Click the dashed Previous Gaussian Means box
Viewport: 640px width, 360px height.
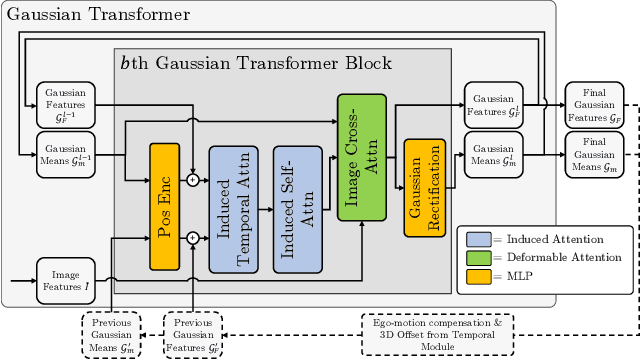click(x=111, y=331)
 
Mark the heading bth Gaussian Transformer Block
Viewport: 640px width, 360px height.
click(x=256, y=63)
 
